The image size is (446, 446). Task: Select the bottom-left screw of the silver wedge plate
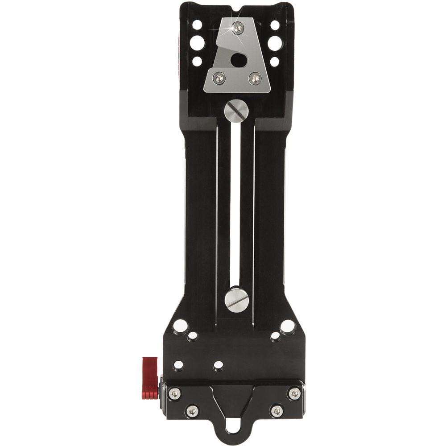pyautogui.click(x=220, y=78)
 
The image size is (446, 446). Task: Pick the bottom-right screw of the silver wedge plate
pyautogui.click(x=255, y=78)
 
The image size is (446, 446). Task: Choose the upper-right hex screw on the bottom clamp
pyautogui.click(x=294, y=393)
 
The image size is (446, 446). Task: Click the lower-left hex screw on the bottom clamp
pyautogui.click(x=192, y=411)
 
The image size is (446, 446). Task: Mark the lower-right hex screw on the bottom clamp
pyautogui.click(x=277, y=411)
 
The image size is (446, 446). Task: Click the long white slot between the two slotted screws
pyautogui.click(x=235, y=201)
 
